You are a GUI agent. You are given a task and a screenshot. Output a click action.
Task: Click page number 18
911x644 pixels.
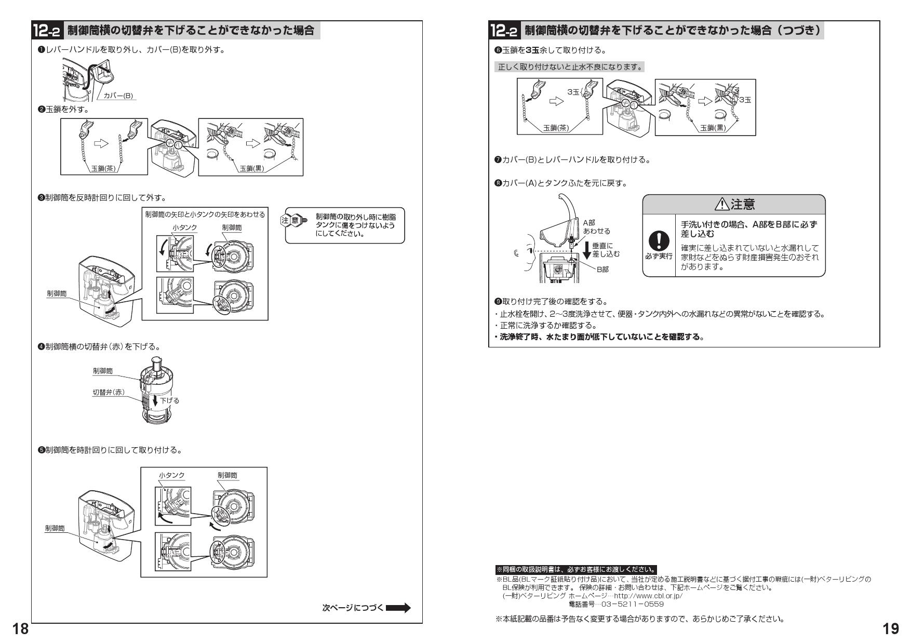click(21, 629)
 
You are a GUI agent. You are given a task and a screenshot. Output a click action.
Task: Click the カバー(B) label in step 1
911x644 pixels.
click(118, 96)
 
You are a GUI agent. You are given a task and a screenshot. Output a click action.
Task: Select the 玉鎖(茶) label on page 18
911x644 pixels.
click(103, 169)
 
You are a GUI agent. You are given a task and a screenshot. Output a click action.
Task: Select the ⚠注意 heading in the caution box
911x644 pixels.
click(734, 205)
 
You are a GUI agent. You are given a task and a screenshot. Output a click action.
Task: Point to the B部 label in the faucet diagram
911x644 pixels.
click(602, 270)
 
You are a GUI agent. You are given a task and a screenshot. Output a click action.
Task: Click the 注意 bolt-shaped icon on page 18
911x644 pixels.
click(294, 220)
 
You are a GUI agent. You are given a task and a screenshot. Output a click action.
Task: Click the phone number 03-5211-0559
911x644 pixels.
click(617, 604)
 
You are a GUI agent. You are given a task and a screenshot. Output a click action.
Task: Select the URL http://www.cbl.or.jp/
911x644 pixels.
click(648, 596)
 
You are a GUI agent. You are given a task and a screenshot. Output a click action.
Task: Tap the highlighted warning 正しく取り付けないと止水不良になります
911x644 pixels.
click(570, 67)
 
